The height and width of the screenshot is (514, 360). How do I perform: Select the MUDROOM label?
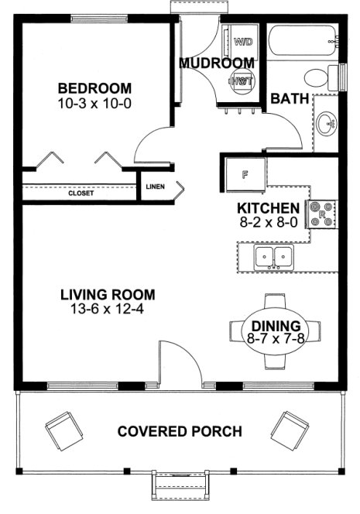point(217,63)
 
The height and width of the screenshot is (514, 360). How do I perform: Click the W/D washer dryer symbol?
point(241,40)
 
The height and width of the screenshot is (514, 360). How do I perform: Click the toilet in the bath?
point(317,77)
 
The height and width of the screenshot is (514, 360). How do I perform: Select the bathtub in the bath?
point(303,39)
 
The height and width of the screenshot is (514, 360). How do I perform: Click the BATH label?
point(290,98)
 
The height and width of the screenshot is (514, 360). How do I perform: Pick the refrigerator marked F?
point(245,174)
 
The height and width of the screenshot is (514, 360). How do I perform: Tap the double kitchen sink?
point(274,257)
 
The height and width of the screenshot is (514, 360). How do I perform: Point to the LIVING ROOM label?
point(108,294)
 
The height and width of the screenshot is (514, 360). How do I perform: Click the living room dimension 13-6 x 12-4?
point(108,309)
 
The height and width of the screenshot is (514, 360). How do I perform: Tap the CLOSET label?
point(81,194)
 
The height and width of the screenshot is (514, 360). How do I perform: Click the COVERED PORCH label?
point(180,431)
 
